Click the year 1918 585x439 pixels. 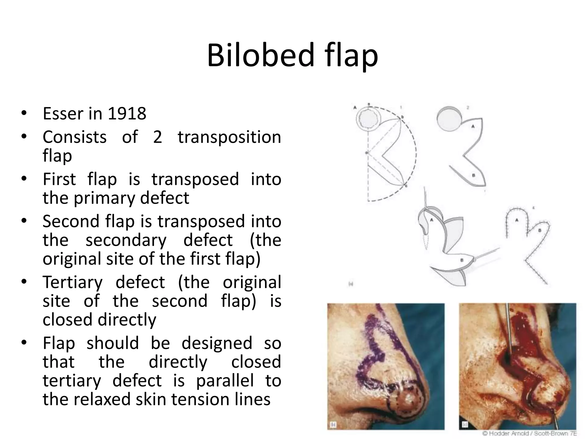point(127,113)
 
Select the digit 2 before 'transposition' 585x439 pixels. point(157,137)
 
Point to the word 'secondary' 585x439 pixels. point(126,240)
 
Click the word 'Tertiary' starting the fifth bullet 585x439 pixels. point(73,282)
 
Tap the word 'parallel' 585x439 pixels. point(225,381)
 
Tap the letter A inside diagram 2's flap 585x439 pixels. point(473,126)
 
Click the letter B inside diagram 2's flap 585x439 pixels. point(473,175)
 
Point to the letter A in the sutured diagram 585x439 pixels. point(516,220)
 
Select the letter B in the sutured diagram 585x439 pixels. point(540,230)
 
